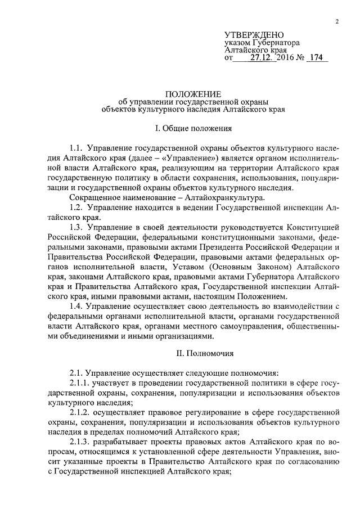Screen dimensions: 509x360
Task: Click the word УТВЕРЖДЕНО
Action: pos(254,35)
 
